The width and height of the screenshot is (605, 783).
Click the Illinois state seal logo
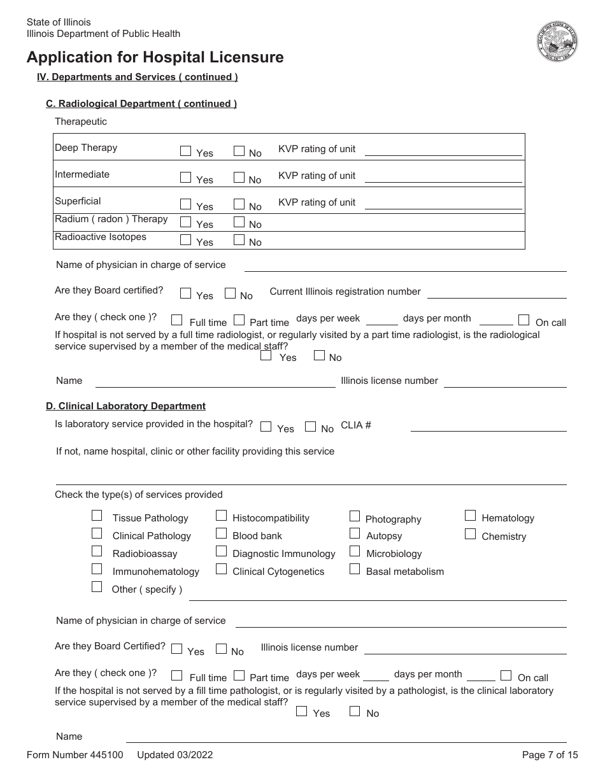[x=557, y=41]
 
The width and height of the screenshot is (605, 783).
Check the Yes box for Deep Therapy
[x=185, y=151]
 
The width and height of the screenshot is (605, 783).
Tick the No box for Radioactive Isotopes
[x=239, y=240]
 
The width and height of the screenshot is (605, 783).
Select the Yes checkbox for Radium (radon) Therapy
[x=185, y=222]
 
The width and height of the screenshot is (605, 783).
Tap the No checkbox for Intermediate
[x=239, y=178]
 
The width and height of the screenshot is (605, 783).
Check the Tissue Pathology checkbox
[x=97, y=516]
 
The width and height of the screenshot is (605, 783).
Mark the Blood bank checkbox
[x=221, y=533]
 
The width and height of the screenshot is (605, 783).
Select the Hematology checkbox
[x=470, y=516]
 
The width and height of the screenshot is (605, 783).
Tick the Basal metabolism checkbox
[x=355, y=569]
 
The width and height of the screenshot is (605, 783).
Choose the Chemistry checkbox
[x=470, y=534]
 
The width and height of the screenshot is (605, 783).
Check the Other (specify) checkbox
[x=97, y=587]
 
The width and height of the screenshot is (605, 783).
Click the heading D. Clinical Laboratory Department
[x=125, y=406]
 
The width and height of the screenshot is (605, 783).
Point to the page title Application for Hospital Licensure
[x=155, y=57]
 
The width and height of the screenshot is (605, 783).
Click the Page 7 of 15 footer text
[x=550, y=755]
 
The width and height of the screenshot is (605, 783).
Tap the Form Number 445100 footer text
[x=75, y=755]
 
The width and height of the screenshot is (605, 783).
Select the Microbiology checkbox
[x=355, y=551]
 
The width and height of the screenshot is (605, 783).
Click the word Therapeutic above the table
[x=81, y=122]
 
